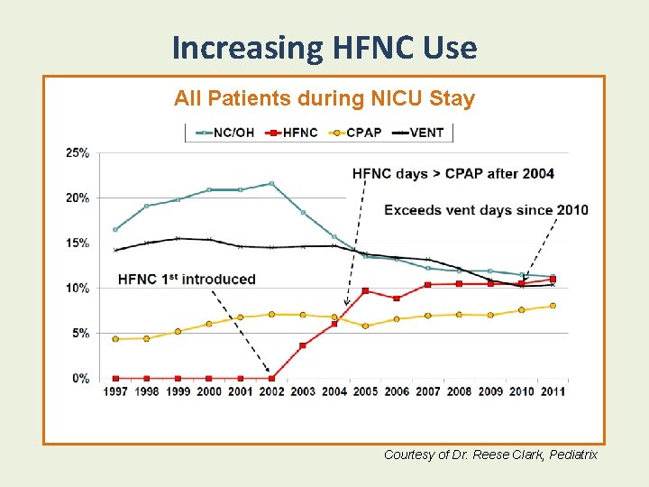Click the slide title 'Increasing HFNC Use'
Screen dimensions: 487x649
[324, 47]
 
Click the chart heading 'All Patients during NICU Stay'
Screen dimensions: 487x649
[324, 98]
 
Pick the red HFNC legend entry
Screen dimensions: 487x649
[293, 133]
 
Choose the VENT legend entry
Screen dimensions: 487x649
[418, 133]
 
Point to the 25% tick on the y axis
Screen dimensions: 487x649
[78, 152]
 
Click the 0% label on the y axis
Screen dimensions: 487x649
[80, 379]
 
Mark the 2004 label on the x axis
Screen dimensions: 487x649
[334, 391]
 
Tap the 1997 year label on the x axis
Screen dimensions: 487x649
[115, 391]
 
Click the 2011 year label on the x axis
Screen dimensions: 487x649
[552, 391]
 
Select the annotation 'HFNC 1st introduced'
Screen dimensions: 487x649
[187, 280]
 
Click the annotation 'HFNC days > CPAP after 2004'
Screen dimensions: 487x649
[452, 173]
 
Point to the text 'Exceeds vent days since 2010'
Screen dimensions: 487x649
[486, 210]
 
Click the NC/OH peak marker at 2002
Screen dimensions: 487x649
[271, 184]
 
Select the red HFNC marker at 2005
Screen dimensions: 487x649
[365, 290]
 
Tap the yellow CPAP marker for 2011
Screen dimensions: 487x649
[553, 306]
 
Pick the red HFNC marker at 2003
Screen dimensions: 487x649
[303, 345]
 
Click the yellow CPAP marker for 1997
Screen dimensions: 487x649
[115, 339]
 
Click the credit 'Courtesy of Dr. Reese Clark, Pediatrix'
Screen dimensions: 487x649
[490, 455]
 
